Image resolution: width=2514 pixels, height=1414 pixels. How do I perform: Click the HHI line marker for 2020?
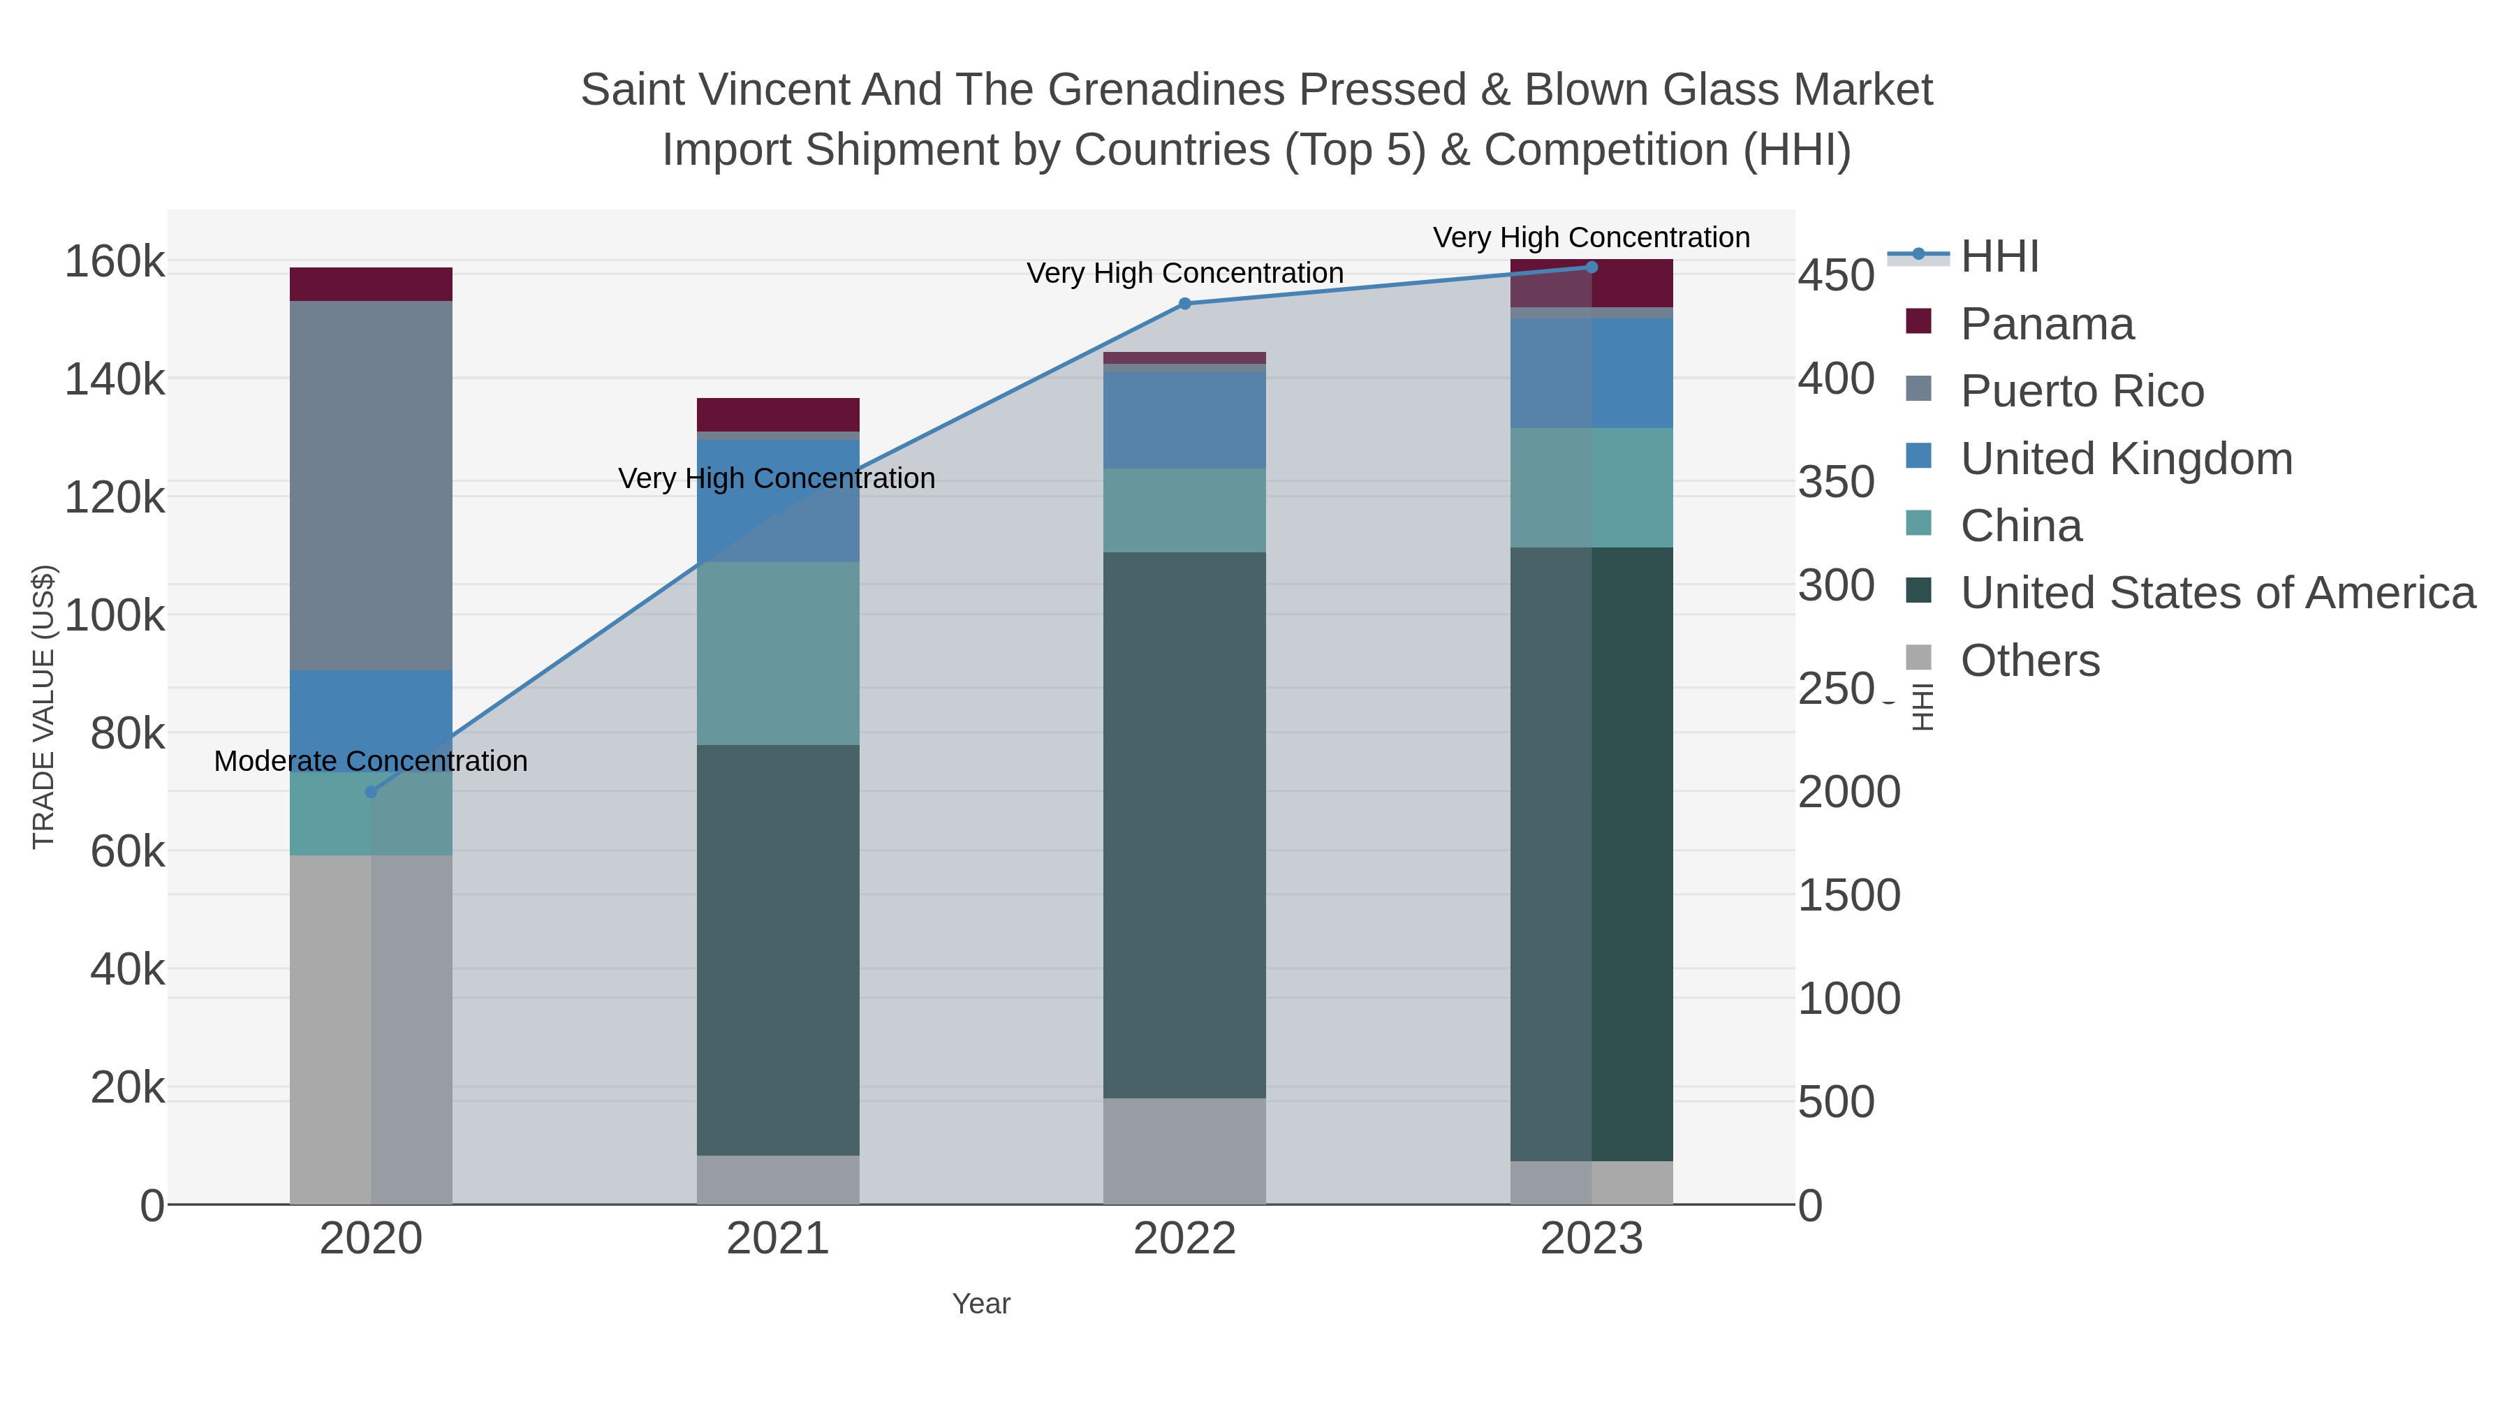[x=371, y=791]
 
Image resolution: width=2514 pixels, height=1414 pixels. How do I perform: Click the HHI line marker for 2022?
[x=1185, y=304]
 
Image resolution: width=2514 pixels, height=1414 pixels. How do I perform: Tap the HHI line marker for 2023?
[x=1592, y=267]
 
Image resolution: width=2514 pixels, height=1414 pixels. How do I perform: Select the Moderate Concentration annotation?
[x=371, y=761]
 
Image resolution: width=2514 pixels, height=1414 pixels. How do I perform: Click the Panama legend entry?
[x=2047, y=324]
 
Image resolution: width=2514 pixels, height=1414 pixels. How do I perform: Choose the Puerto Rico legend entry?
[x=2082, y=391]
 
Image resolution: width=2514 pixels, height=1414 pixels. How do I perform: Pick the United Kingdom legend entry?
[x=2126, y=459]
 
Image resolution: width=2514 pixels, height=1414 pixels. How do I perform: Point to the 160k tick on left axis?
[x=115, y=262]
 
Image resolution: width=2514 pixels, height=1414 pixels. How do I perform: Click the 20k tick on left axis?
[x=127, y=1087]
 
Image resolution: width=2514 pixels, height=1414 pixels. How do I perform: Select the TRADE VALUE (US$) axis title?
[x=44, y=707]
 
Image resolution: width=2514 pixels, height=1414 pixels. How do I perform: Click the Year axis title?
[x=981, y=1304]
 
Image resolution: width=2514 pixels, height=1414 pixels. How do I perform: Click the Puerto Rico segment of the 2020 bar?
[x=371, y=485]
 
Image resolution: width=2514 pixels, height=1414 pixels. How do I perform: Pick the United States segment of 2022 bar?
[x=1185, y=825]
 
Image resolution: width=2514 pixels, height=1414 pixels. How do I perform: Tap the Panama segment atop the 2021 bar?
[x=778, y=414]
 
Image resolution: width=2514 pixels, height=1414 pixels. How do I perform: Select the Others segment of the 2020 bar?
[x=371, y=1029]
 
